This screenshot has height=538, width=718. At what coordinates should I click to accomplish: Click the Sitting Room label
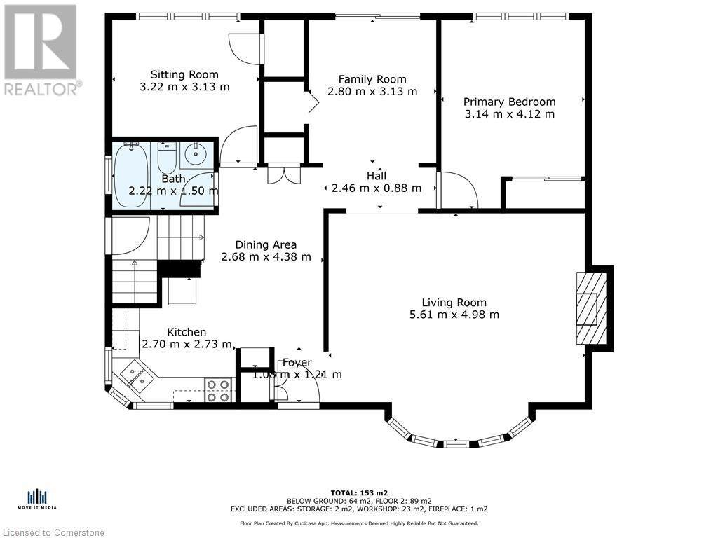184,74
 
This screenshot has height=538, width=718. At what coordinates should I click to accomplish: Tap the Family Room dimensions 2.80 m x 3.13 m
372,92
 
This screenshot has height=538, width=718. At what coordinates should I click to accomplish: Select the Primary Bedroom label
509,102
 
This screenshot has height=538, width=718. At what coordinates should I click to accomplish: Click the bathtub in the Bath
131,174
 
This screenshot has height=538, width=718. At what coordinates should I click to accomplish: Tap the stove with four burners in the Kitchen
218,391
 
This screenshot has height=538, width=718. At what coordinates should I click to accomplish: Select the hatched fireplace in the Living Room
592,309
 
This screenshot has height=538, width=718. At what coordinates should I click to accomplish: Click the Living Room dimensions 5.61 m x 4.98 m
454,315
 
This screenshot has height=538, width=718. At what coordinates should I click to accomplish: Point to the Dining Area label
266,244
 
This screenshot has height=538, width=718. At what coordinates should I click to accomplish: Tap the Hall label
377,176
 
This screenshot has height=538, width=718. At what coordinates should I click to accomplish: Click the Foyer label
297,363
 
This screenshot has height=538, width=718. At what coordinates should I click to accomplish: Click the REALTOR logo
41,50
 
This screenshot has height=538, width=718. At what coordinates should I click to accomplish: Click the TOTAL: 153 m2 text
359,492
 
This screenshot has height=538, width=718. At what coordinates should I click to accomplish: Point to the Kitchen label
187,332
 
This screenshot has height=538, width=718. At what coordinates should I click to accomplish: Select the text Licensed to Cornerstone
53,532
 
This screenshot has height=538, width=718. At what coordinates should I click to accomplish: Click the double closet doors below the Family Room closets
284,174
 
